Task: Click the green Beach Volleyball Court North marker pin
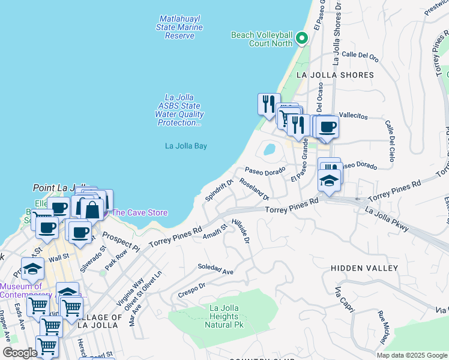pos(301,39)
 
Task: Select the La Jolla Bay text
pos(186,146)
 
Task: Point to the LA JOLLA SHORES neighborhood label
pos(335,75)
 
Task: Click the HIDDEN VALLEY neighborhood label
pos(364,268)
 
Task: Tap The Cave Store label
pos(139,212)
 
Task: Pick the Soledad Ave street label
pos(215,269)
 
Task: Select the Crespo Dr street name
pos(192,290)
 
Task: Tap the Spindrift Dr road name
pos(218,190)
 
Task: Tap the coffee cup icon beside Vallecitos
pos(328,127)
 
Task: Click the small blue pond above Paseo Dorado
pos(270,149)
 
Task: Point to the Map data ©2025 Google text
pos(411,355)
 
